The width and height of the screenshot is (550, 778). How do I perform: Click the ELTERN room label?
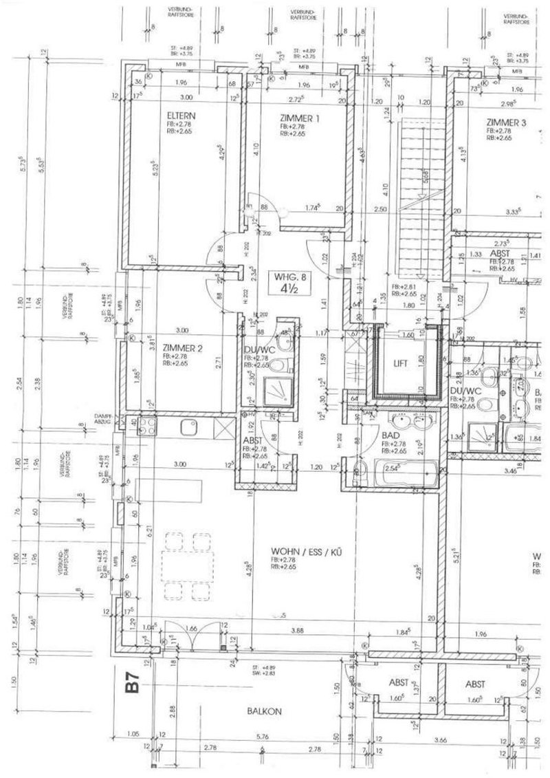pyautogui.click(x=177, y=115)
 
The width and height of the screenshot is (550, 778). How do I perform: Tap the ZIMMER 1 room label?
pyautogui.click(x=300, y=118)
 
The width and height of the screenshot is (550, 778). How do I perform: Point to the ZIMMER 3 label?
pyautogui.click(x=506, y=122)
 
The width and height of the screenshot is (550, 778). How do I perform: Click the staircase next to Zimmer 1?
pyautogui.click(x=420, y=186)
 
